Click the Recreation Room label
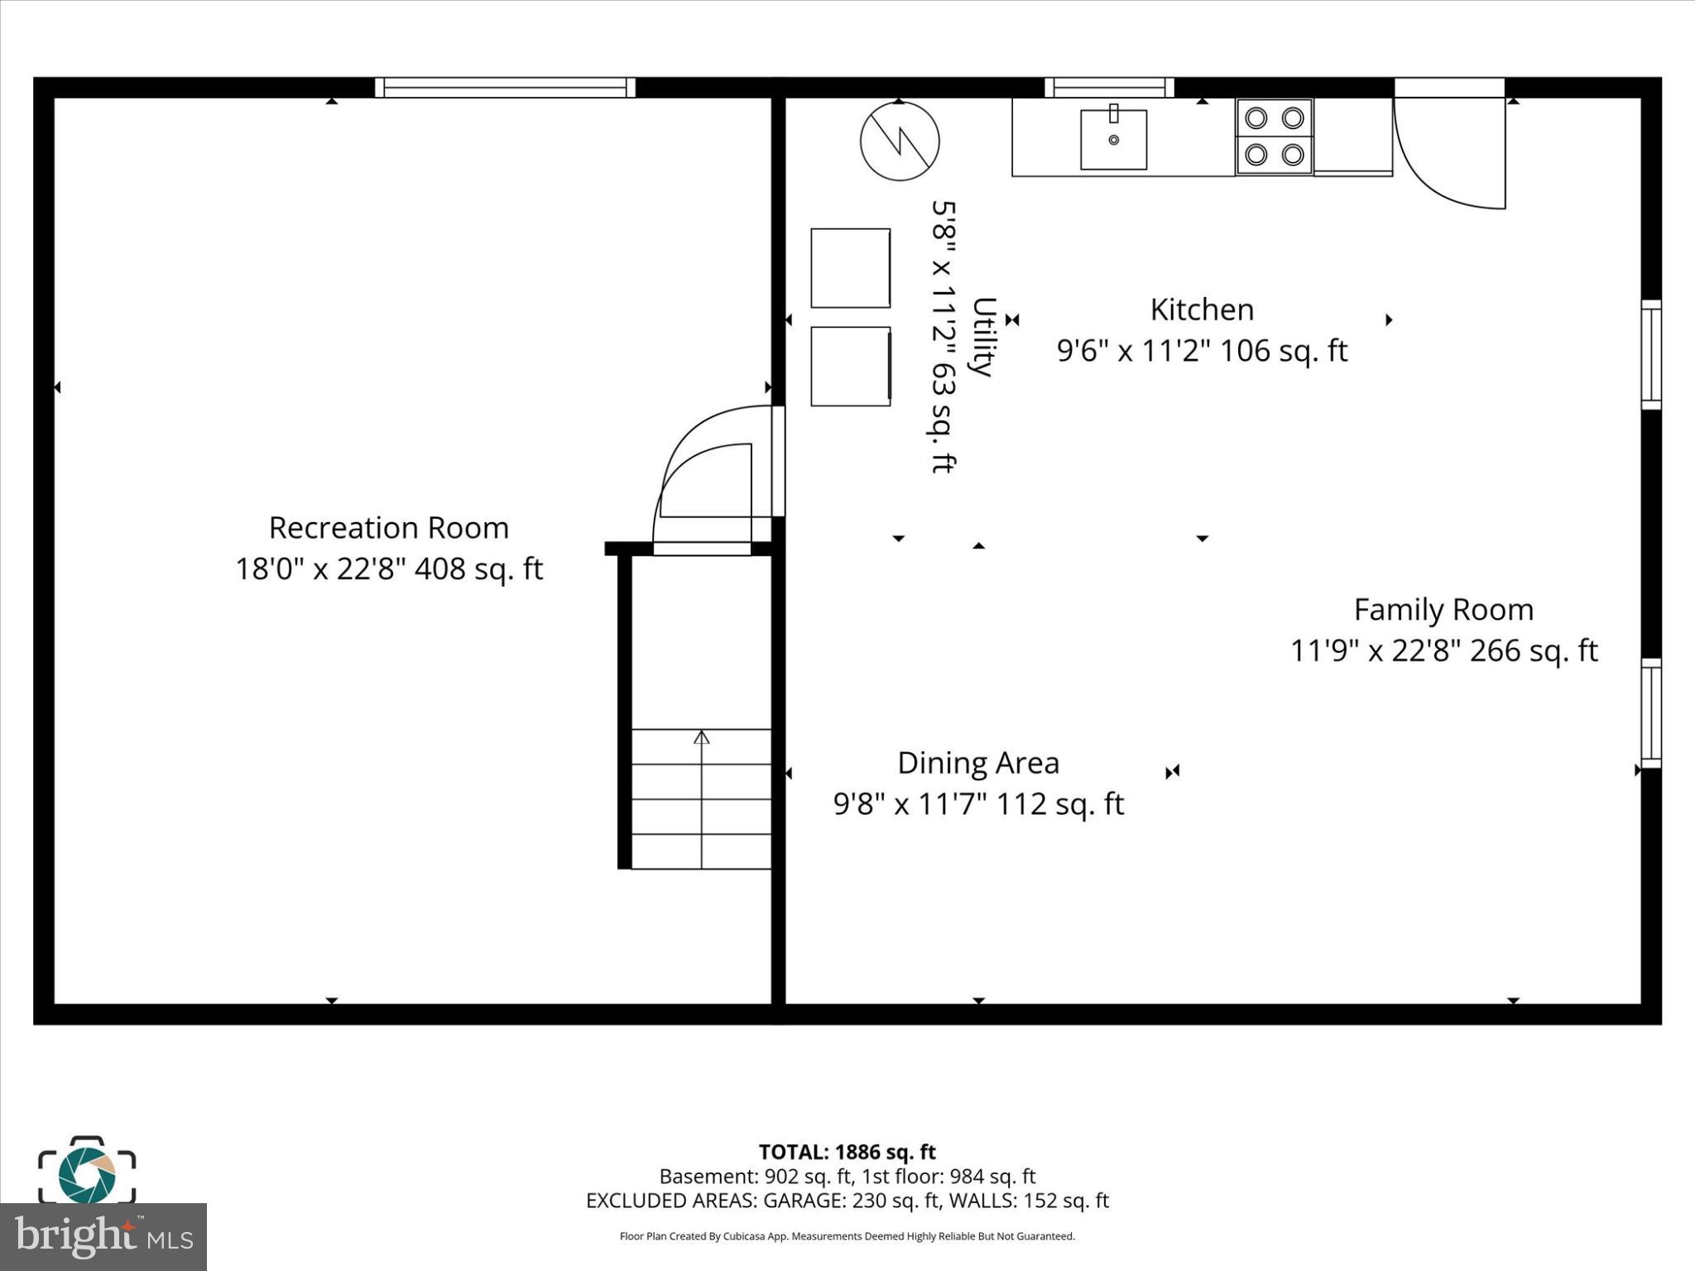[x=389, y=528]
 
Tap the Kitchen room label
[x=1202, y=310]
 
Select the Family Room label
[x=1443, y=611]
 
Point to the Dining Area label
[x=978, y=763]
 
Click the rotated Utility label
[x=982, y=337]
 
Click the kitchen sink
[x=1113, y=139]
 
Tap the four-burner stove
[x=1274, y=137]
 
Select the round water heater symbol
[x=900, y=141]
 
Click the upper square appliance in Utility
[x=850, y=268]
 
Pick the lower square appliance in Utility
[x=850, y=367]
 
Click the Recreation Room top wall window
[x=505, y=88]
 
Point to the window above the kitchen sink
[x=1109, y=88]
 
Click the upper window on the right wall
[x=1650, y=354]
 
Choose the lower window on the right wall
[x=1650, y=713]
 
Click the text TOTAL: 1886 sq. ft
[x=847, y=1152]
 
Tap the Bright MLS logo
[x=103, y=1236]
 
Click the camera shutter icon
[x=86, y=1172]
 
